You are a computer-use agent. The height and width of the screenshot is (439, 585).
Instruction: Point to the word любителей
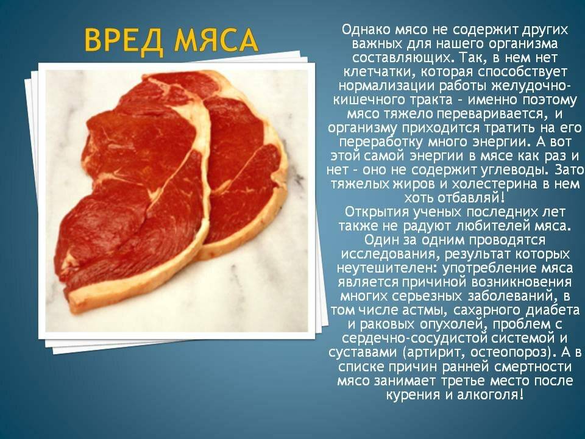point(486,226)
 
